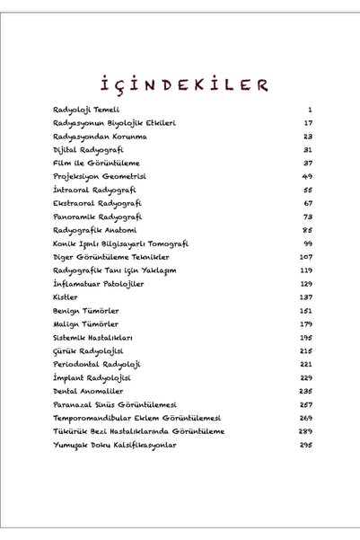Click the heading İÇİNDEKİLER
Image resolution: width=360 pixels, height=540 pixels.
(x=180, y=84)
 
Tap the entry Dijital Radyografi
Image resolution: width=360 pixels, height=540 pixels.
(x=82, y=149)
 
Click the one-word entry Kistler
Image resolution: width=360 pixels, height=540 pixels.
(x=66, y=297)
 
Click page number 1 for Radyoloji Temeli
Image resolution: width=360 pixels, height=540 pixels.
(x=308, y=109)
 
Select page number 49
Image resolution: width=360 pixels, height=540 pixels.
(x=305, y=176)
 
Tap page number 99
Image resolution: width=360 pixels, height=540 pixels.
(x=305, y=243)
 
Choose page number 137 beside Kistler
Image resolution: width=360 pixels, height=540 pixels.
(x=304, y=297)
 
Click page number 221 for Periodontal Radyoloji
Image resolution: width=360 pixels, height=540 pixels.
(x=304, y=364)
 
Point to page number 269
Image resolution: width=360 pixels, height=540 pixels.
(x=304, y=418)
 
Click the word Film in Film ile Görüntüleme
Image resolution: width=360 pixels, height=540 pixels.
(x=62, y=163)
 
